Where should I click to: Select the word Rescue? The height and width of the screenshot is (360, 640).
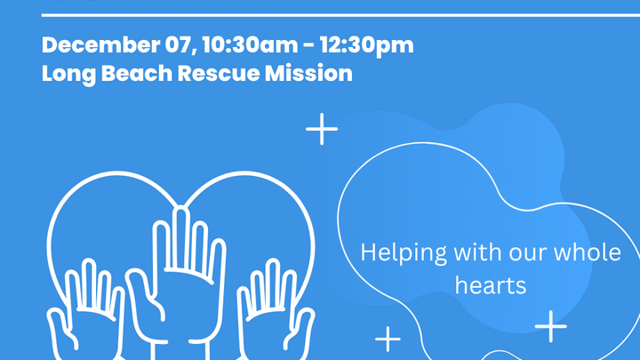[212, 73]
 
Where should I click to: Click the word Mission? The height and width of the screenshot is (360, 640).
[307, 73]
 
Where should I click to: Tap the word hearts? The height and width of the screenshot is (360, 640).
[491, 285]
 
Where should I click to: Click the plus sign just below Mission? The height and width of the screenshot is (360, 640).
[322, 130]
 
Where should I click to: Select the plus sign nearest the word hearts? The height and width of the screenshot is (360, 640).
[551, 326]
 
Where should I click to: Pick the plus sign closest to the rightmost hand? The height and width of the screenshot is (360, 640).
[388, 339]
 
